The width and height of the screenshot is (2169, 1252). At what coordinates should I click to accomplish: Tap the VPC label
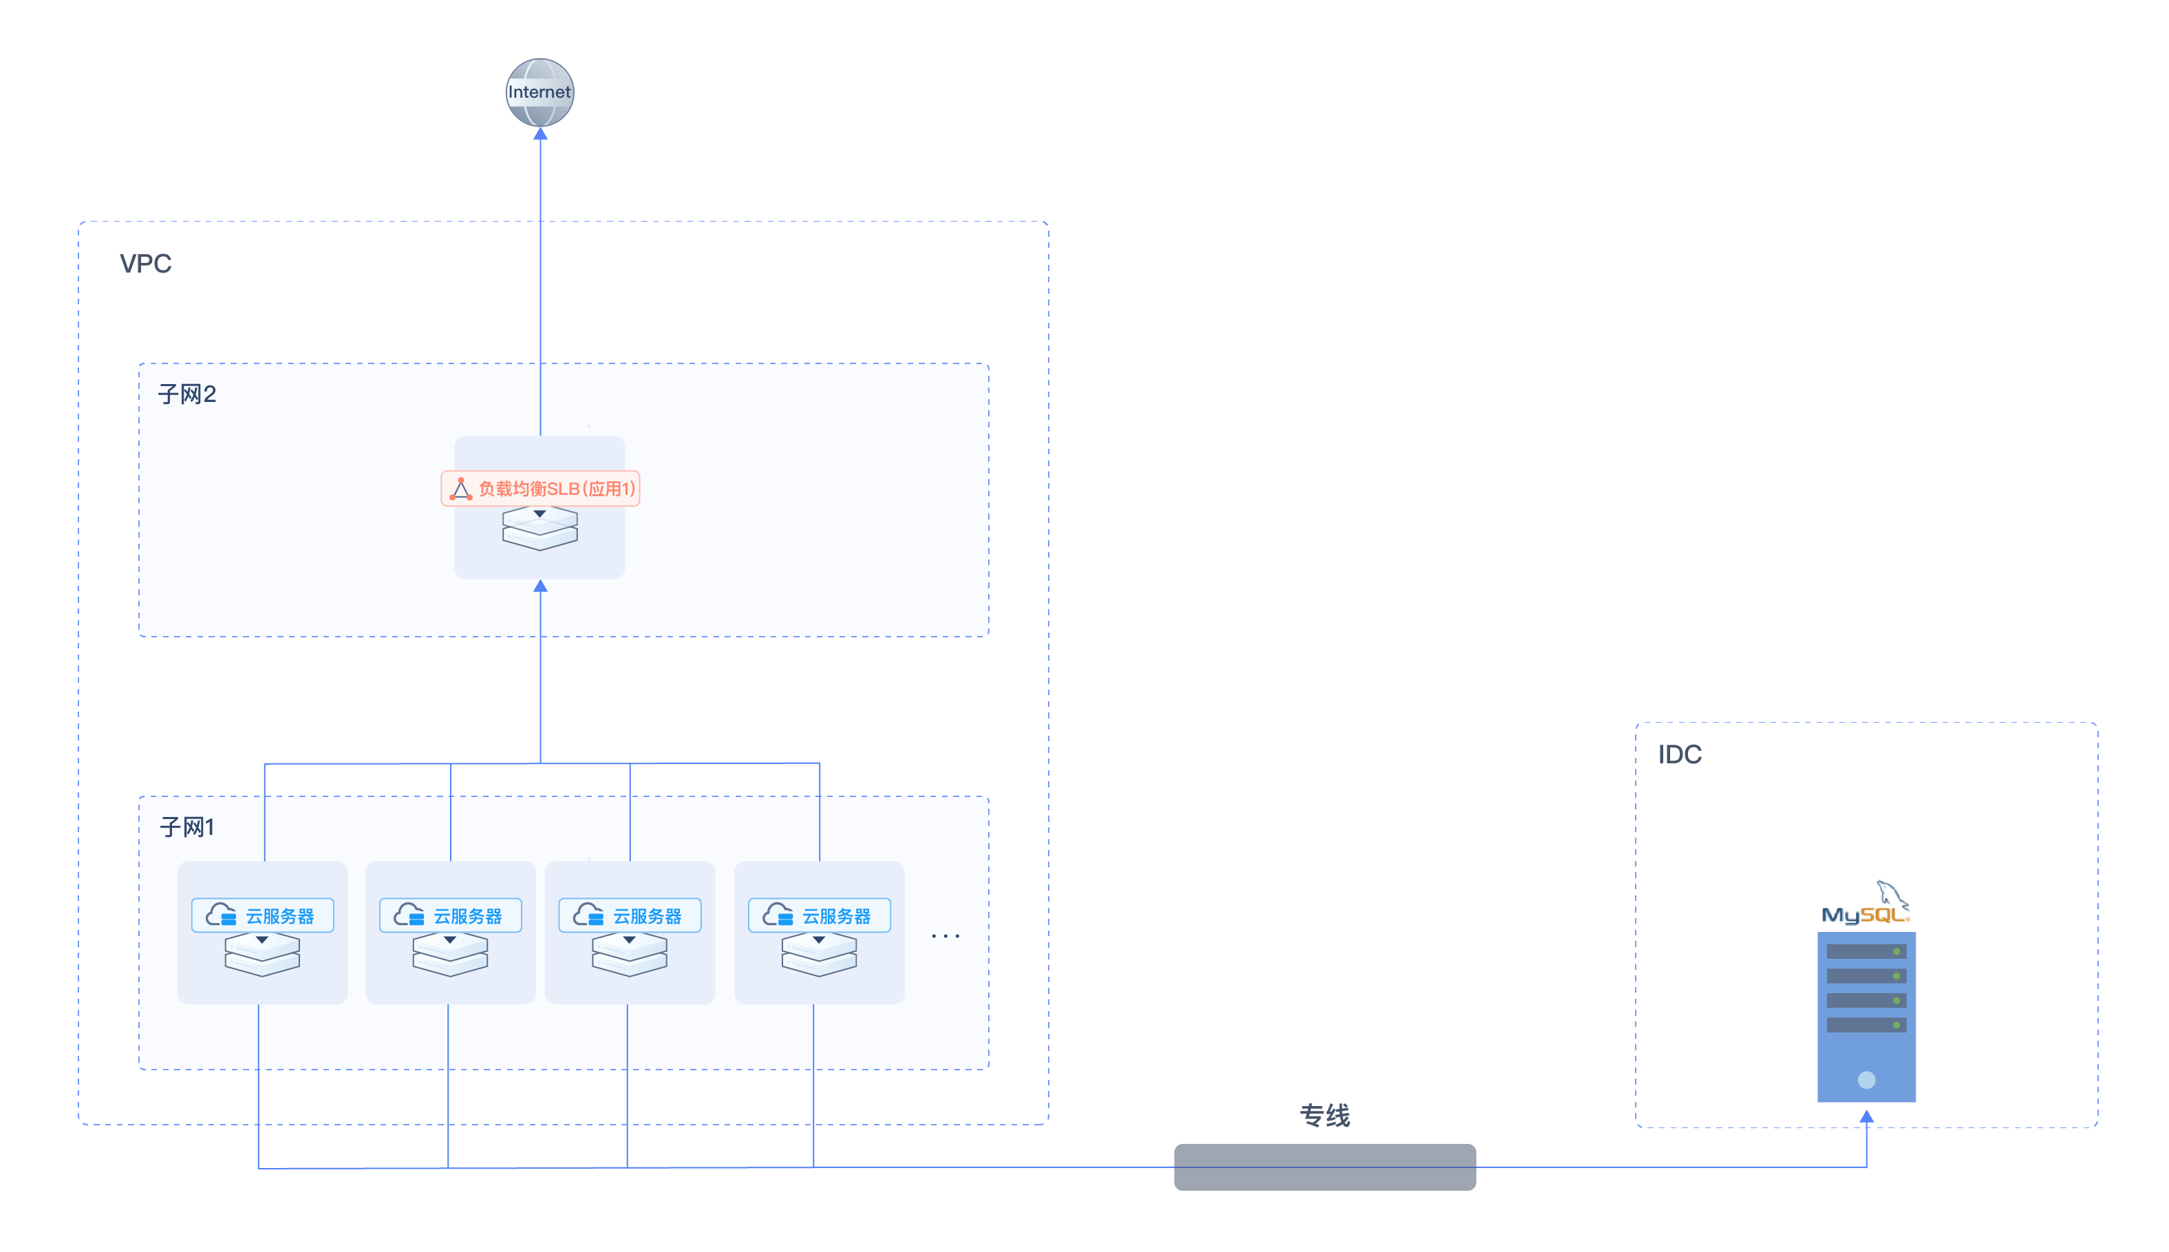coord(145,263)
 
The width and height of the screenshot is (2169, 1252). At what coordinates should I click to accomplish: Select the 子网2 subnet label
coord(186,394)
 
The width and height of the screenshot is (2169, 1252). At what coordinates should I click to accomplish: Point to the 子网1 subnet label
coord(186,827)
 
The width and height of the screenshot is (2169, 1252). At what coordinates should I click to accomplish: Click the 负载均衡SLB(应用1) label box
coord(540,489)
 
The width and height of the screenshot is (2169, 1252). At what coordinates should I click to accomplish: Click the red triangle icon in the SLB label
coord(461,489)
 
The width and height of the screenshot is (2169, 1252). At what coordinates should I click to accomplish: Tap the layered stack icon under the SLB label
coord(540,528)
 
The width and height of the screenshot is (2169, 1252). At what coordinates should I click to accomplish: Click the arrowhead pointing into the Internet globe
coord(540,134)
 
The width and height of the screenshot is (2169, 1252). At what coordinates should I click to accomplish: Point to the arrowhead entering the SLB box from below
coord(540,586)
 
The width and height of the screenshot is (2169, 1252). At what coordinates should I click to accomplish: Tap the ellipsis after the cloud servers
coord(945,935)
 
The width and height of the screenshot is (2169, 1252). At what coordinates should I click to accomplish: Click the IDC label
coord(1679,755)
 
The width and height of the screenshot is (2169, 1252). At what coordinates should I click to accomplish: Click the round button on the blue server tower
coord(1866,1080)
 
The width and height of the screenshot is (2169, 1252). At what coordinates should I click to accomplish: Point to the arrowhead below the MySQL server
coord(1866,1116)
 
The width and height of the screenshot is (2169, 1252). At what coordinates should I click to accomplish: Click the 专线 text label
coord(1325,1115)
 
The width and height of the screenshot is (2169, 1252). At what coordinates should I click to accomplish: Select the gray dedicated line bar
coord(1325,1167)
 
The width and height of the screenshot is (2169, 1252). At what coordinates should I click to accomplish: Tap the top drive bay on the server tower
coord(1866,952)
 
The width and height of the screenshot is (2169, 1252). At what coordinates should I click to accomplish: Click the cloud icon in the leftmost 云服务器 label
coord(221,915)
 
